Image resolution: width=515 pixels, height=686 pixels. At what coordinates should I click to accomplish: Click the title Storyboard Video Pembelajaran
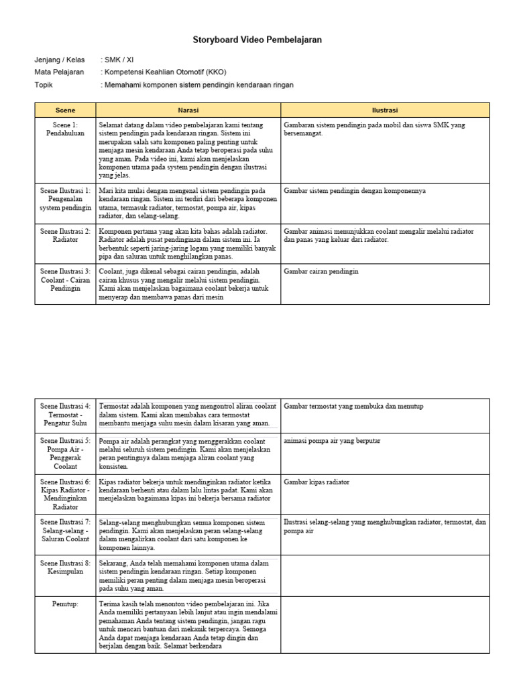[257, 40]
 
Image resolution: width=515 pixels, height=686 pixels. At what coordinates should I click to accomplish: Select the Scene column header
[65, 109]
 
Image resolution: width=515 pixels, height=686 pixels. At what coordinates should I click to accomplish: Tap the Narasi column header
[188, 109]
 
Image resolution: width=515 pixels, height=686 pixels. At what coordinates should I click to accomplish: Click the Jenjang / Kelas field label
[60, 59]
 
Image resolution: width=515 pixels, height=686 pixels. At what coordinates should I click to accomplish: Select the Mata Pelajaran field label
[59, 72]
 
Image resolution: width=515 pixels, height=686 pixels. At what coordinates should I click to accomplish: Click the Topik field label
[44, 85]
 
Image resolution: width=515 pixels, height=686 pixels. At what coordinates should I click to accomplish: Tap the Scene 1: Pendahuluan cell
[65, 129]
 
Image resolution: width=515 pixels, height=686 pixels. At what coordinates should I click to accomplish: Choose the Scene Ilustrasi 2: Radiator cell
[65, 235]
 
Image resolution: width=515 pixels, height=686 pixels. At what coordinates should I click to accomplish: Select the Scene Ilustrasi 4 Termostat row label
[65, 415]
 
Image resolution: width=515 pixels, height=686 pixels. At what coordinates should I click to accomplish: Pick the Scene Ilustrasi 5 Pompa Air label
[65, 453]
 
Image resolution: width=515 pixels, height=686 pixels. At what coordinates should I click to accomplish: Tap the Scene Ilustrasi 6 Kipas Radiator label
[65, 494]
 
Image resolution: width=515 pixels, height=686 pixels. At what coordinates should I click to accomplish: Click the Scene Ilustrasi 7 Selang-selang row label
[65, 530]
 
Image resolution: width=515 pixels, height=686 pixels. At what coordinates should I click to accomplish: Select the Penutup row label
[65, 604]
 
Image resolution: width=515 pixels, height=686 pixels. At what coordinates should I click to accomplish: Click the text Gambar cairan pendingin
[321, 271]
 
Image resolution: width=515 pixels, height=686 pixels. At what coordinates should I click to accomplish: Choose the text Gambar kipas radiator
[317, 482]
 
